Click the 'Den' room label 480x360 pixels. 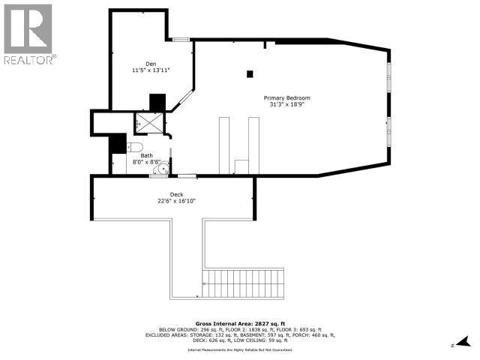[151, 64]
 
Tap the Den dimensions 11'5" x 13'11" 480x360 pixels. [151, 70]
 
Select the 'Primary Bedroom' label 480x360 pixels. [286, 98]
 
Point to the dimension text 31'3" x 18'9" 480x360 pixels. [286, 105]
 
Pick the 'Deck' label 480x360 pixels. [176, 194]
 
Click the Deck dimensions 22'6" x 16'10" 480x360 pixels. [176, 201]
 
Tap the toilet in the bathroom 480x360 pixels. [134, 146]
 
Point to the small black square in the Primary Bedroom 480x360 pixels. [250, 73]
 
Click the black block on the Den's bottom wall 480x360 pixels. [157, 102]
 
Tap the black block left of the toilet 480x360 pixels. [117, 144]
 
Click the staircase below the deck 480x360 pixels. [245, 285]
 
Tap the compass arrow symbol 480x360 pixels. [464, 342]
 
